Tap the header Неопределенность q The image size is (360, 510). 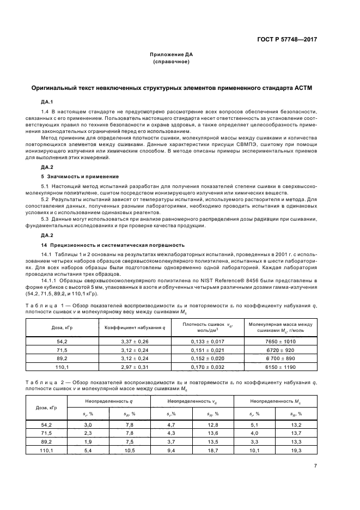point(109,401)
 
